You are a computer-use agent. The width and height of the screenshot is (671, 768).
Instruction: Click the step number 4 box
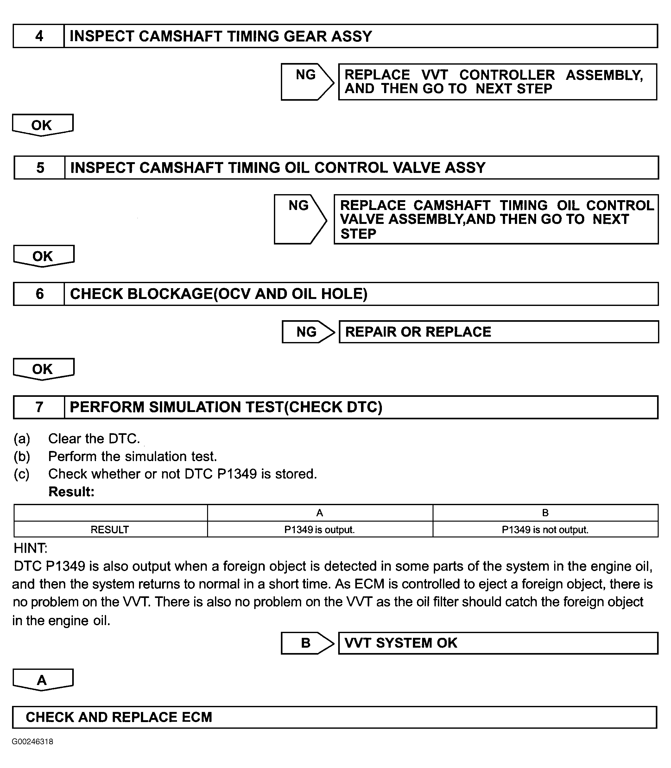39,36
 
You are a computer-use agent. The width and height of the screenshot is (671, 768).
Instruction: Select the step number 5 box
40,168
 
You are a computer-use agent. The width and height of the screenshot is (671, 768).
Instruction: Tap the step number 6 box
39,294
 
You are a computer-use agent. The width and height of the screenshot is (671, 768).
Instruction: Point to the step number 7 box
39,407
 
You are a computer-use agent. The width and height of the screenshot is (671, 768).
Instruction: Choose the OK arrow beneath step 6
43,369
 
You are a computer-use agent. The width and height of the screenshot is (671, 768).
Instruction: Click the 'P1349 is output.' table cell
320,530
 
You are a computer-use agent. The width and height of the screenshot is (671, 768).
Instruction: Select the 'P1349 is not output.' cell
545,530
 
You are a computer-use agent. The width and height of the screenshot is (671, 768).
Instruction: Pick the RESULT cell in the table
110,530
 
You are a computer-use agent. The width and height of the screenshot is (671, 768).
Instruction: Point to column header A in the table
320,513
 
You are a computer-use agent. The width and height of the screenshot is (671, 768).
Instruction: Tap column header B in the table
545,513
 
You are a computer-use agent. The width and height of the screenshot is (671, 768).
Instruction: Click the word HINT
30,548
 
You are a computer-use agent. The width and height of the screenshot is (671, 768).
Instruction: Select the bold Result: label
71,492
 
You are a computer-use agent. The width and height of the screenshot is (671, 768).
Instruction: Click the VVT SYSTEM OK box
498,643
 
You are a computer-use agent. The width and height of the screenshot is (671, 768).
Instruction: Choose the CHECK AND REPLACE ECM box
334,717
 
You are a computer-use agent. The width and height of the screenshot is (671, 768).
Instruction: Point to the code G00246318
33,742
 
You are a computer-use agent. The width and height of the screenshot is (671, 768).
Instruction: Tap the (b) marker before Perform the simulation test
22,456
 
